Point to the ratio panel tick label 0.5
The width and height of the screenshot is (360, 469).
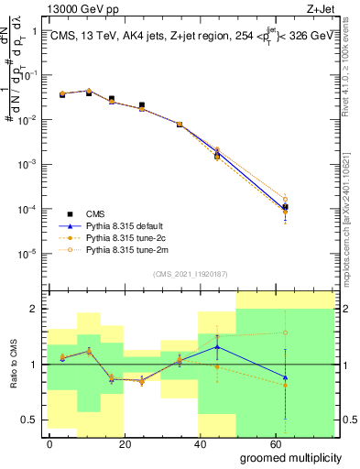(x=28, y=420)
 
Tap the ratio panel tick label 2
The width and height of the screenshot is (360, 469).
(x=33, y=309)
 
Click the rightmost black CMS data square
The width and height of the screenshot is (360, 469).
(x=286, y=207)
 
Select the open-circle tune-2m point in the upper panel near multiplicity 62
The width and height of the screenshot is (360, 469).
(x=286, y=199)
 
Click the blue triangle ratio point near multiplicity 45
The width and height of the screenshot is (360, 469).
(x=217, y=347)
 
